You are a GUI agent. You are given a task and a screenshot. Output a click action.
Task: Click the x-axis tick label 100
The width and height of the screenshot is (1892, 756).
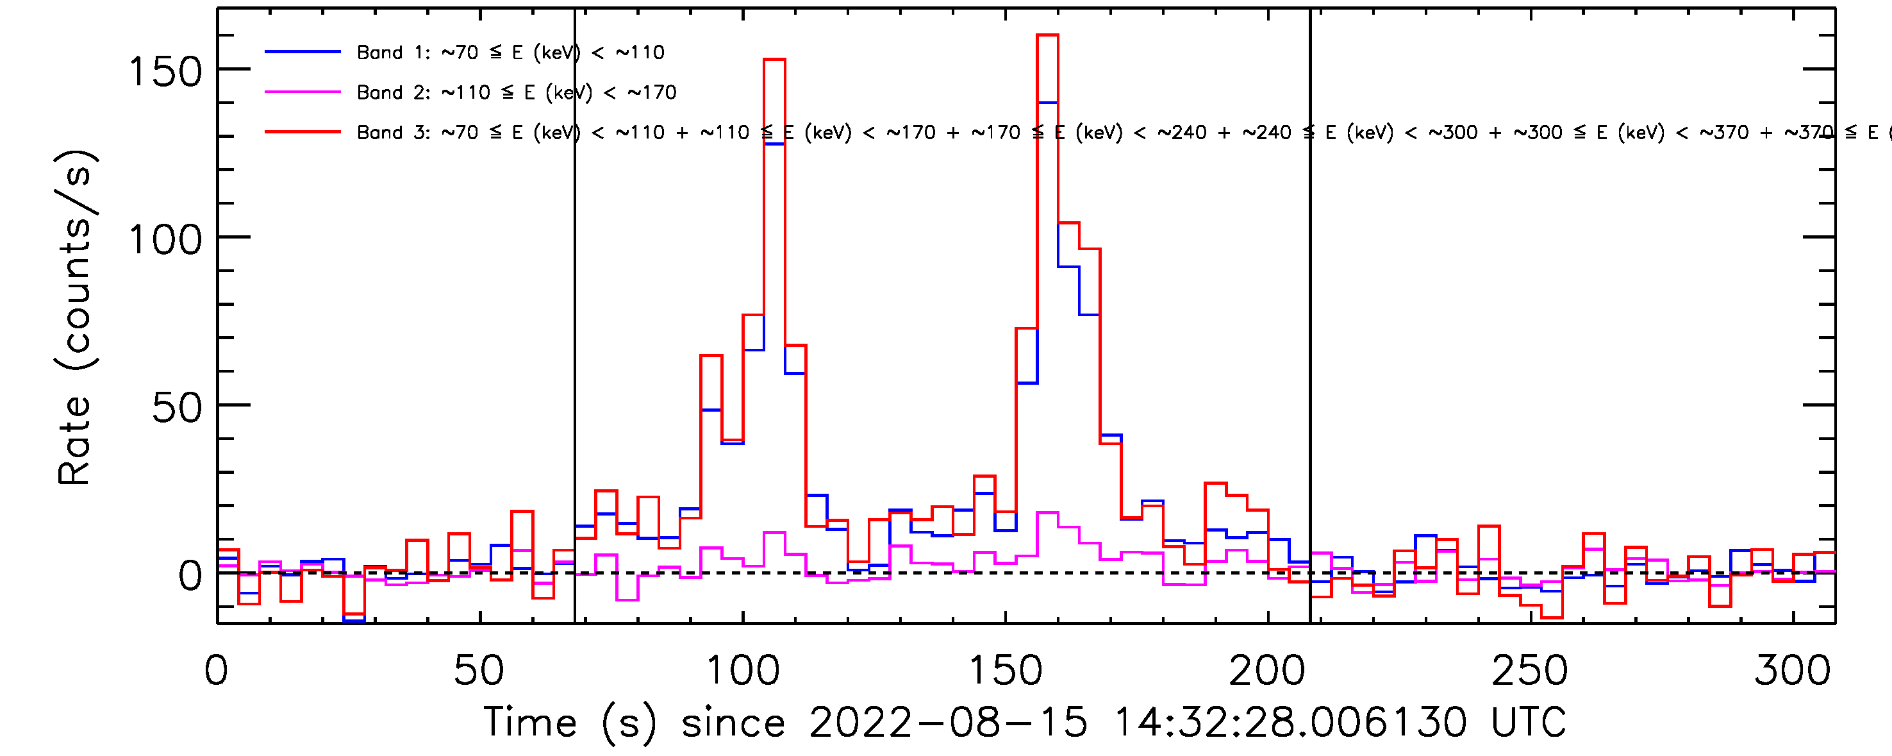(x=743, y=671)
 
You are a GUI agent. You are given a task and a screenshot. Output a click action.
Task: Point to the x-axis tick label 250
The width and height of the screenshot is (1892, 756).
(x=1530, y=671)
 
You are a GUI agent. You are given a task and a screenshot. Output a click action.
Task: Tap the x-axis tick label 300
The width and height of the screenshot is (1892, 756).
(x=1792, y=671)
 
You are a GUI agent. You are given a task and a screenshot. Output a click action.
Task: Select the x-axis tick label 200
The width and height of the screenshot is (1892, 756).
(x=1267, y=671)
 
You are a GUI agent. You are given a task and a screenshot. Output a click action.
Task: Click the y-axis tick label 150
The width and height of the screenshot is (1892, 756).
(x=165, y=72)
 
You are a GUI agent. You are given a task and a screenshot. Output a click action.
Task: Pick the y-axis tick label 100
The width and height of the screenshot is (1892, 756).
(x=165, y=240)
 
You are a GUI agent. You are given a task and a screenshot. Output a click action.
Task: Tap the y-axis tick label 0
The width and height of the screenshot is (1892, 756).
(x=190, y=576)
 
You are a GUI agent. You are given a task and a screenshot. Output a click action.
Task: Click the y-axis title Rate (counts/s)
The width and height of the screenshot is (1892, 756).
(x=75, y=317)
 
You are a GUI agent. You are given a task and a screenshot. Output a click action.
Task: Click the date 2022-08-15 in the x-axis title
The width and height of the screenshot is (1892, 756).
(x=947, y=722)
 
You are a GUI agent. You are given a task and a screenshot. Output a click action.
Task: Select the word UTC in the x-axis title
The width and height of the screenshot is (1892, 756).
(x=1528, y=722)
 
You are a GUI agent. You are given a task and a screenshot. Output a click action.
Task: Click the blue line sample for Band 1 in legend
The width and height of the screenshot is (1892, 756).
(x=303, y=52)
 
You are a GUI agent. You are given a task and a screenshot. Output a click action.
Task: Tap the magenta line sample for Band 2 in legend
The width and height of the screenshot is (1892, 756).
(x=303, y=92)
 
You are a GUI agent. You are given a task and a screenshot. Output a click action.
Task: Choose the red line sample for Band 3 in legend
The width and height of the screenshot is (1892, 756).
(x=303, y=132)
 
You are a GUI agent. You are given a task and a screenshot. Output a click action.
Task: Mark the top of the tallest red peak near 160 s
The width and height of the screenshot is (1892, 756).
(x=1047, y=35)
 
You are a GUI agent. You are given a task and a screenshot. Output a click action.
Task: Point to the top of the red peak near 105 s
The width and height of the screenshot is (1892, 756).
(x=774, y=60)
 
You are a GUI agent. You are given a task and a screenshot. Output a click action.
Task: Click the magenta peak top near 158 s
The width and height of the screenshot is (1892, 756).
(x=1047, y=513)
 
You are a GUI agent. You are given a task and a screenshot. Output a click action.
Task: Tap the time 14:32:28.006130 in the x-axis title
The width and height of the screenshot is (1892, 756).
(x=1290, y=722)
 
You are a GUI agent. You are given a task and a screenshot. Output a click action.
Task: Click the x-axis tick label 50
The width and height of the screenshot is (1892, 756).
(x=479, y=671)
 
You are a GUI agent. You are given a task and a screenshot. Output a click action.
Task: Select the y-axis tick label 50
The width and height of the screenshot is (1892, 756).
(x=177, y=408)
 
